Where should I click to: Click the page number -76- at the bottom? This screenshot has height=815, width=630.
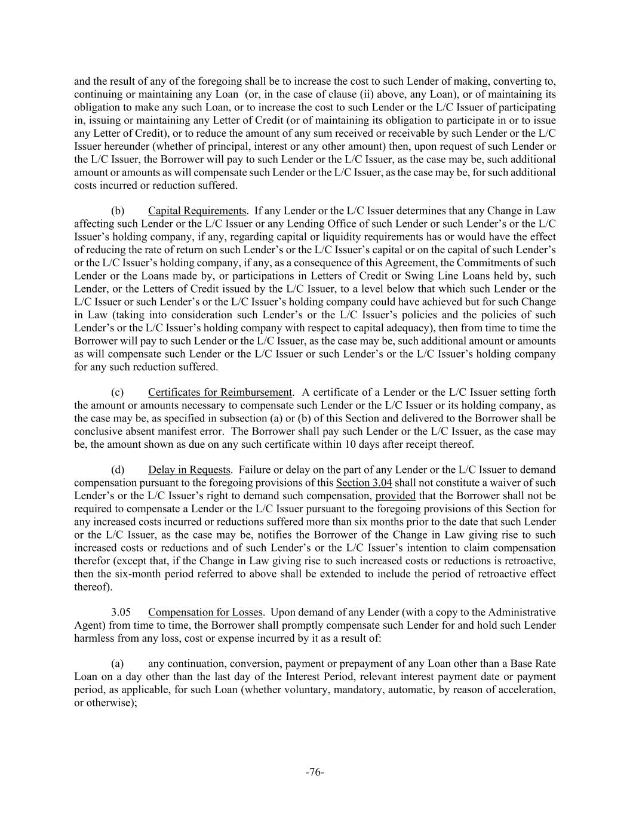tap(315, 772)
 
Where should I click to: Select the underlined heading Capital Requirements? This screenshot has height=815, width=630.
tap(197, 211)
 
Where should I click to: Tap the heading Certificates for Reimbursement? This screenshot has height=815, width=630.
tap(220, 392)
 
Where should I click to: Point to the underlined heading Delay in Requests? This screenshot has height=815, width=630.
tap(189, 470)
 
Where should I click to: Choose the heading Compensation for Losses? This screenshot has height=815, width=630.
tap(205, 613)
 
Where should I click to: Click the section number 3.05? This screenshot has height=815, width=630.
tap(120, 613)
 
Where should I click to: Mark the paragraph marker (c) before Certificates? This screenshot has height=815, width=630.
tap(118, 392)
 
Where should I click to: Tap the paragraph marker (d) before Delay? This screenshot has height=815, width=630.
tap(118, 470)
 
